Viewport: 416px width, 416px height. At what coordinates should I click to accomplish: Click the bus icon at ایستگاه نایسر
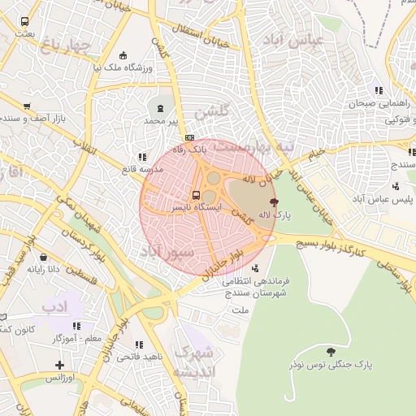(196, 196)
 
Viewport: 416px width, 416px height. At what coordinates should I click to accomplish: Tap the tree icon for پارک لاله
(273, 202)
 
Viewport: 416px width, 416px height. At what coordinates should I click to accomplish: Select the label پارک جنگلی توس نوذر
(330, 366)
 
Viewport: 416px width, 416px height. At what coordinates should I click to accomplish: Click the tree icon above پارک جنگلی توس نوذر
(330, 352)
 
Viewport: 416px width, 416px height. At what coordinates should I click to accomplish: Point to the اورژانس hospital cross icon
(59, 365)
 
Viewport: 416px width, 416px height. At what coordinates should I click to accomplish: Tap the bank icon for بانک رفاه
(190, 137)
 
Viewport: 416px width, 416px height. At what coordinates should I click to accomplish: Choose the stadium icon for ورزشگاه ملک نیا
(123, 55)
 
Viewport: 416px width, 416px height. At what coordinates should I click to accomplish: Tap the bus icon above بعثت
(24, 22)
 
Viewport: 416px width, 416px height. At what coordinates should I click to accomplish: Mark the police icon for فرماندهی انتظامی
(258, 268)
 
